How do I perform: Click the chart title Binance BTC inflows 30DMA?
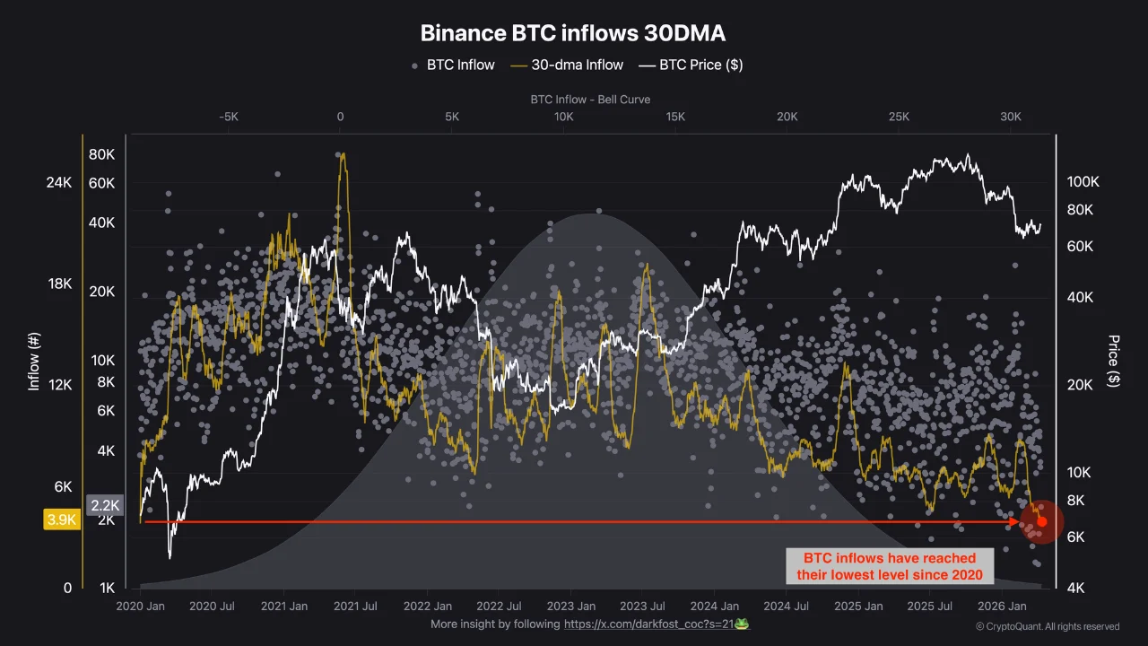pos(573,33)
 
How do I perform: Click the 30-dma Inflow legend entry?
pos(566,65)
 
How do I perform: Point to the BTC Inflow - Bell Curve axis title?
pos(590,99)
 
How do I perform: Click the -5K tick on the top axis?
pos(228,117)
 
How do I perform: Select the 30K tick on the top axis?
pos(1011,117)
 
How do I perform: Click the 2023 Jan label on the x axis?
pos(572,607)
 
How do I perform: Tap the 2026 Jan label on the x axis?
pos(1003,607)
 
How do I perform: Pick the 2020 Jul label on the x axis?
pos(212,607)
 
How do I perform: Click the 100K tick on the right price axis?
pos(1083,182)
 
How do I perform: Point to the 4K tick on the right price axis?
pos(1076,589)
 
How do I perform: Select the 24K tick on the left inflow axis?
pos(58,183)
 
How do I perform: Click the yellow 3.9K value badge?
pos(61,520)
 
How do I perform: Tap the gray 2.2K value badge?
pos(104,505)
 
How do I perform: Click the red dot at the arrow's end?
pos(1041,521)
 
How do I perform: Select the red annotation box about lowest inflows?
pos(890,566)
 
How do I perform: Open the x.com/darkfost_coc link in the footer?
pos(648,624)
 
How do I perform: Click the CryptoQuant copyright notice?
pos(1047,626)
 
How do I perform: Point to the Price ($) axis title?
pos(1114,361)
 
